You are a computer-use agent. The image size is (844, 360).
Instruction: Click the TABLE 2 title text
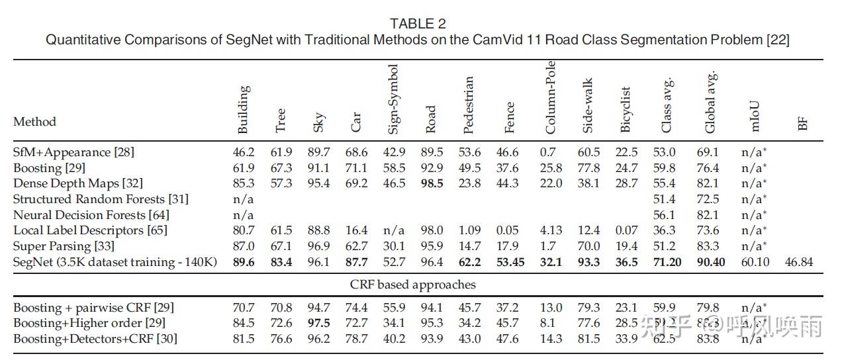click(417, 24)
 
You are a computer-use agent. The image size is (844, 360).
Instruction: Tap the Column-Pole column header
click(551, 97)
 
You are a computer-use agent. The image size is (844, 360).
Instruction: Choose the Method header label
click(34, 122)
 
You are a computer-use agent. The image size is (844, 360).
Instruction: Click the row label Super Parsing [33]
click(64, 246)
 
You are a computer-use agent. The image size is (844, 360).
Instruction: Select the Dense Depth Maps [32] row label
click(78, 183)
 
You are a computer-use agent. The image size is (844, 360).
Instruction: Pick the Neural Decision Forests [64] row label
click(91, 215)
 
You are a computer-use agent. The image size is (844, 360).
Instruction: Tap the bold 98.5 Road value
click(432, 183)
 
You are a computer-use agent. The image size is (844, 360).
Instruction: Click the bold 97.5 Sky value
click(318, 323)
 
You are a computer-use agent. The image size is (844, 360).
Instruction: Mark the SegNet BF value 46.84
click(798, 262)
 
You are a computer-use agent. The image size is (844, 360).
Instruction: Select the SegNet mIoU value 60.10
click(755, 262)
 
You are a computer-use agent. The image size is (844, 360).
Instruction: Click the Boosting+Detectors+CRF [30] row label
click(95, 339)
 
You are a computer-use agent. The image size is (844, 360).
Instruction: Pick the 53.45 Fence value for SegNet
click(510, 262)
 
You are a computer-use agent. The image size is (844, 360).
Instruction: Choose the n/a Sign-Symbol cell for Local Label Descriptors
click(393, 230)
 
